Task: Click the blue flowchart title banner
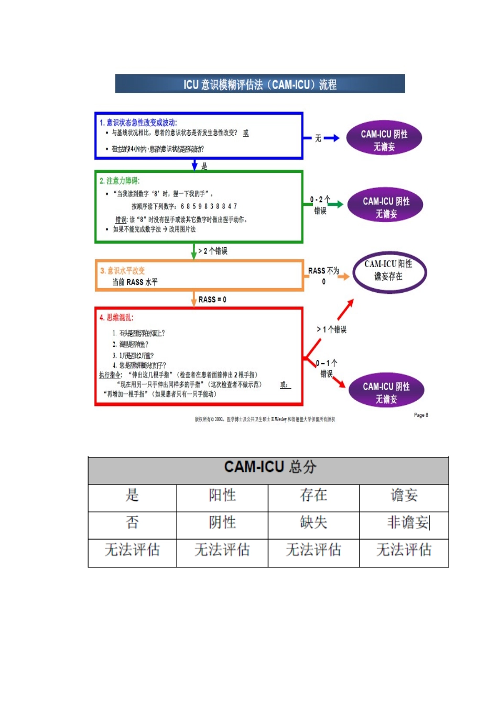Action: [260, 84]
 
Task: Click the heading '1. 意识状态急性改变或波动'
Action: [138, 123]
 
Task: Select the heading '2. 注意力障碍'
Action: [120, 181]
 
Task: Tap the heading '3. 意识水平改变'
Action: [123, 271]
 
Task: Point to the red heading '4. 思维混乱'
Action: [117, 317]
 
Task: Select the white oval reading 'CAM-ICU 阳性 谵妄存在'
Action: [389, 271]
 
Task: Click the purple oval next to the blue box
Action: [384, 140]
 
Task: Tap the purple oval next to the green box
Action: [386, 207]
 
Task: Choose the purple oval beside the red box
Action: [386, 392]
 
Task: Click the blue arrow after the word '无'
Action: [331, 138]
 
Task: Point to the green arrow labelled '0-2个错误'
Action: [335, 204]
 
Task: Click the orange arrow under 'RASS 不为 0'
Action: [343, 276]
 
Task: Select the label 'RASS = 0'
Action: [212, 300]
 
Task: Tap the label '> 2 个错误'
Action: [213, 251]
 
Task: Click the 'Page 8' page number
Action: [421, 415]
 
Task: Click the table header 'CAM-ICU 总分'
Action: [269, 467]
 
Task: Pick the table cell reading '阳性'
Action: [222, 495]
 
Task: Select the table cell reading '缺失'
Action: [313, 522]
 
